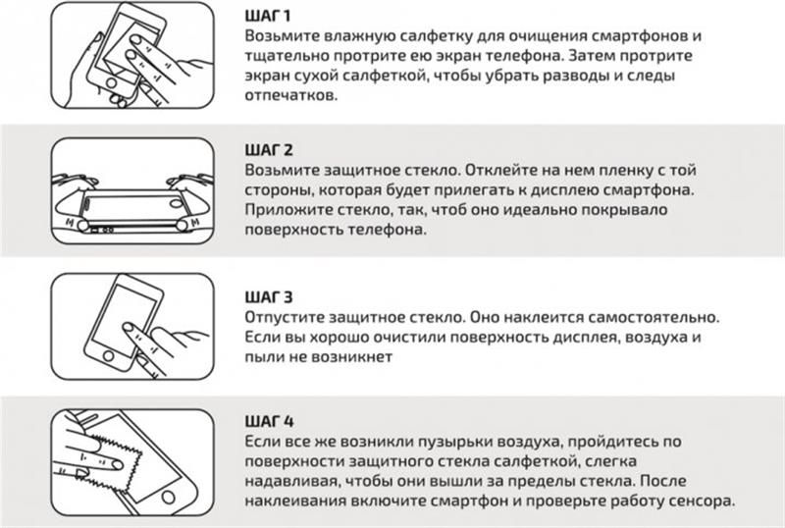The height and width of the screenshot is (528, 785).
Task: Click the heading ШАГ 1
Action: (268, 16)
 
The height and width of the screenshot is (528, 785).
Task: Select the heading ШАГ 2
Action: (269, 150)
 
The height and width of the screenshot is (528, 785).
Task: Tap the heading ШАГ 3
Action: (268, 297)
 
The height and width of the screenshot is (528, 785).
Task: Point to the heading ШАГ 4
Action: (269, 421)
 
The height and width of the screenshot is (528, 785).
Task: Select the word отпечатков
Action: (290, 95)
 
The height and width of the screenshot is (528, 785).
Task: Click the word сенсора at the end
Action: (702, 502)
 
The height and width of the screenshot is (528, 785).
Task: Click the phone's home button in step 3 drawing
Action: (108, 356)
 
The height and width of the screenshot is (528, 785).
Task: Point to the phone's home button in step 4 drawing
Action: (169, 497)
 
